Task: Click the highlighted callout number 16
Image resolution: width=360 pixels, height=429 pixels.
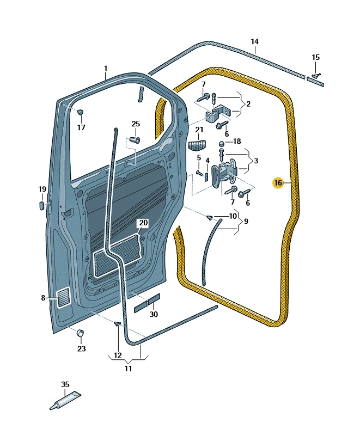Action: (278, 183)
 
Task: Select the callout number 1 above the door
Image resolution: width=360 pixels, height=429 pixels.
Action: (106, 69)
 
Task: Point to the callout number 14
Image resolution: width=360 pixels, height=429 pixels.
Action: (254, 42)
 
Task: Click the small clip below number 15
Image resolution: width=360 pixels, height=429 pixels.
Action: (316, 76)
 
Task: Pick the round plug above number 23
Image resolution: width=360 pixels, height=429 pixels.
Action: (81, 333)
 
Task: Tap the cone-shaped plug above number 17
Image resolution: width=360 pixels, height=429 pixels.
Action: (81, 113)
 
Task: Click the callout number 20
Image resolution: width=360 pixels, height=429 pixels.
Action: (143, 223)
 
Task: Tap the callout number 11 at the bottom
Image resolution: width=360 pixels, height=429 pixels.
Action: (128, 369)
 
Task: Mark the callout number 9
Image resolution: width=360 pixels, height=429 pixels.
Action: (246, 222)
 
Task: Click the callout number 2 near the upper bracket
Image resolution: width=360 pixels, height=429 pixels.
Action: (248, 104)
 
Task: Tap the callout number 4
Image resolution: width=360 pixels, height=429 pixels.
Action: (208, 160)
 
